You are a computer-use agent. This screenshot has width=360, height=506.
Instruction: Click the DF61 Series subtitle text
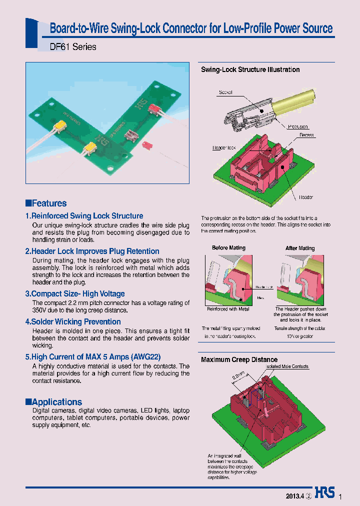coord(73,47)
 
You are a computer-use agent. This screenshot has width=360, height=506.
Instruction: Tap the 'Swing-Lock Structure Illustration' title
coord(250,70)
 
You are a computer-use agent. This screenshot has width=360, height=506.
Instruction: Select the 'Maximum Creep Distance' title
coord(239,359)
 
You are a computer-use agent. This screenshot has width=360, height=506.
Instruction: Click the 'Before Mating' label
coord(228,248)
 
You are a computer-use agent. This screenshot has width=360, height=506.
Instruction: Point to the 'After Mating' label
coord(300,248)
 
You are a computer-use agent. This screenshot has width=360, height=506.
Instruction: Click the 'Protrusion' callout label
coord(298,126)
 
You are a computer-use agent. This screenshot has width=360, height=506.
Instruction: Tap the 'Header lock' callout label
coord(223,148)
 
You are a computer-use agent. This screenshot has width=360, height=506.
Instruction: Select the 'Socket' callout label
coord(225,92)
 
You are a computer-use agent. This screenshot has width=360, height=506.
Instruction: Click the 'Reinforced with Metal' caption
coord(228,309)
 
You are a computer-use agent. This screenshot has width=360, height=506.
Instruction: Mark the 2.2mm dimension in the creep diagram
coord(238,375)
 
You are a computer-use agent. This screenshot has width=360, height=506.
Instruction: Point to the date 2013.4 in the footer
coord(294,496)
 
